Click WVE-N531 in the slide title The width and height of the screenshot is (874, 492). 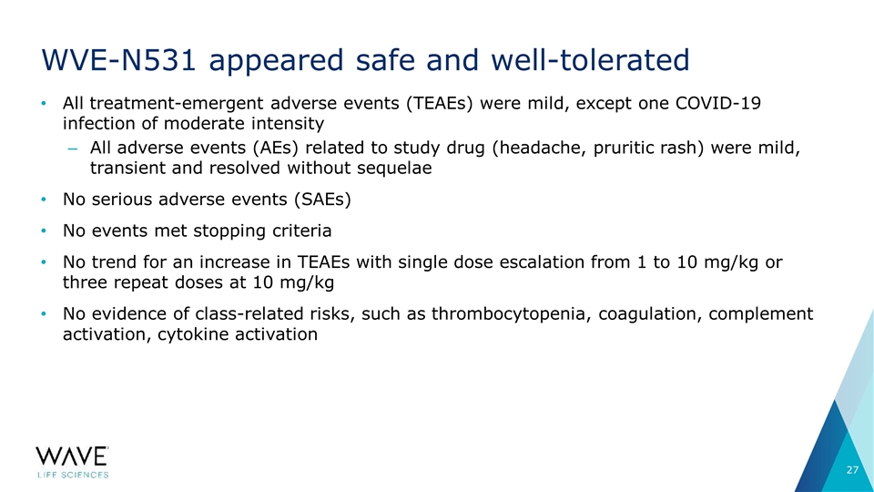(118, 60)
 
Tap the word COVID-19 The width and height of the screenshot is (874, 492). (718, 103)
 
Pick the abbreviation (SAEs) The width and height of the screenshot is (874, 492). (322, 200)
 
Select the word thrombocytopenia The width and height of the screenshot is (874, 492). (510, 314)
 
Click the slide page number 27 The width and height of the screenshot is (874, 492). (852, 470)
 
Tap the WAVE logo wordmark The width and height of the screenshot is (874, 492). (73, 456)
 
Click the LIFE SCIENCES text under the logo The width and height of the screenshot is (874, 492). (73, 475)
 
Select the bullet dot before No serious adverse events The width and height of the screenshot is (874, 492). (44, 200)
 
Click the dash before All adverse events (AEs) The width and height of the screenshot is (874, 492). (73, 149)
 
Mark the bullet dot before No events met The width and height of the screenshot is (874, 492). (44, 231)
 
